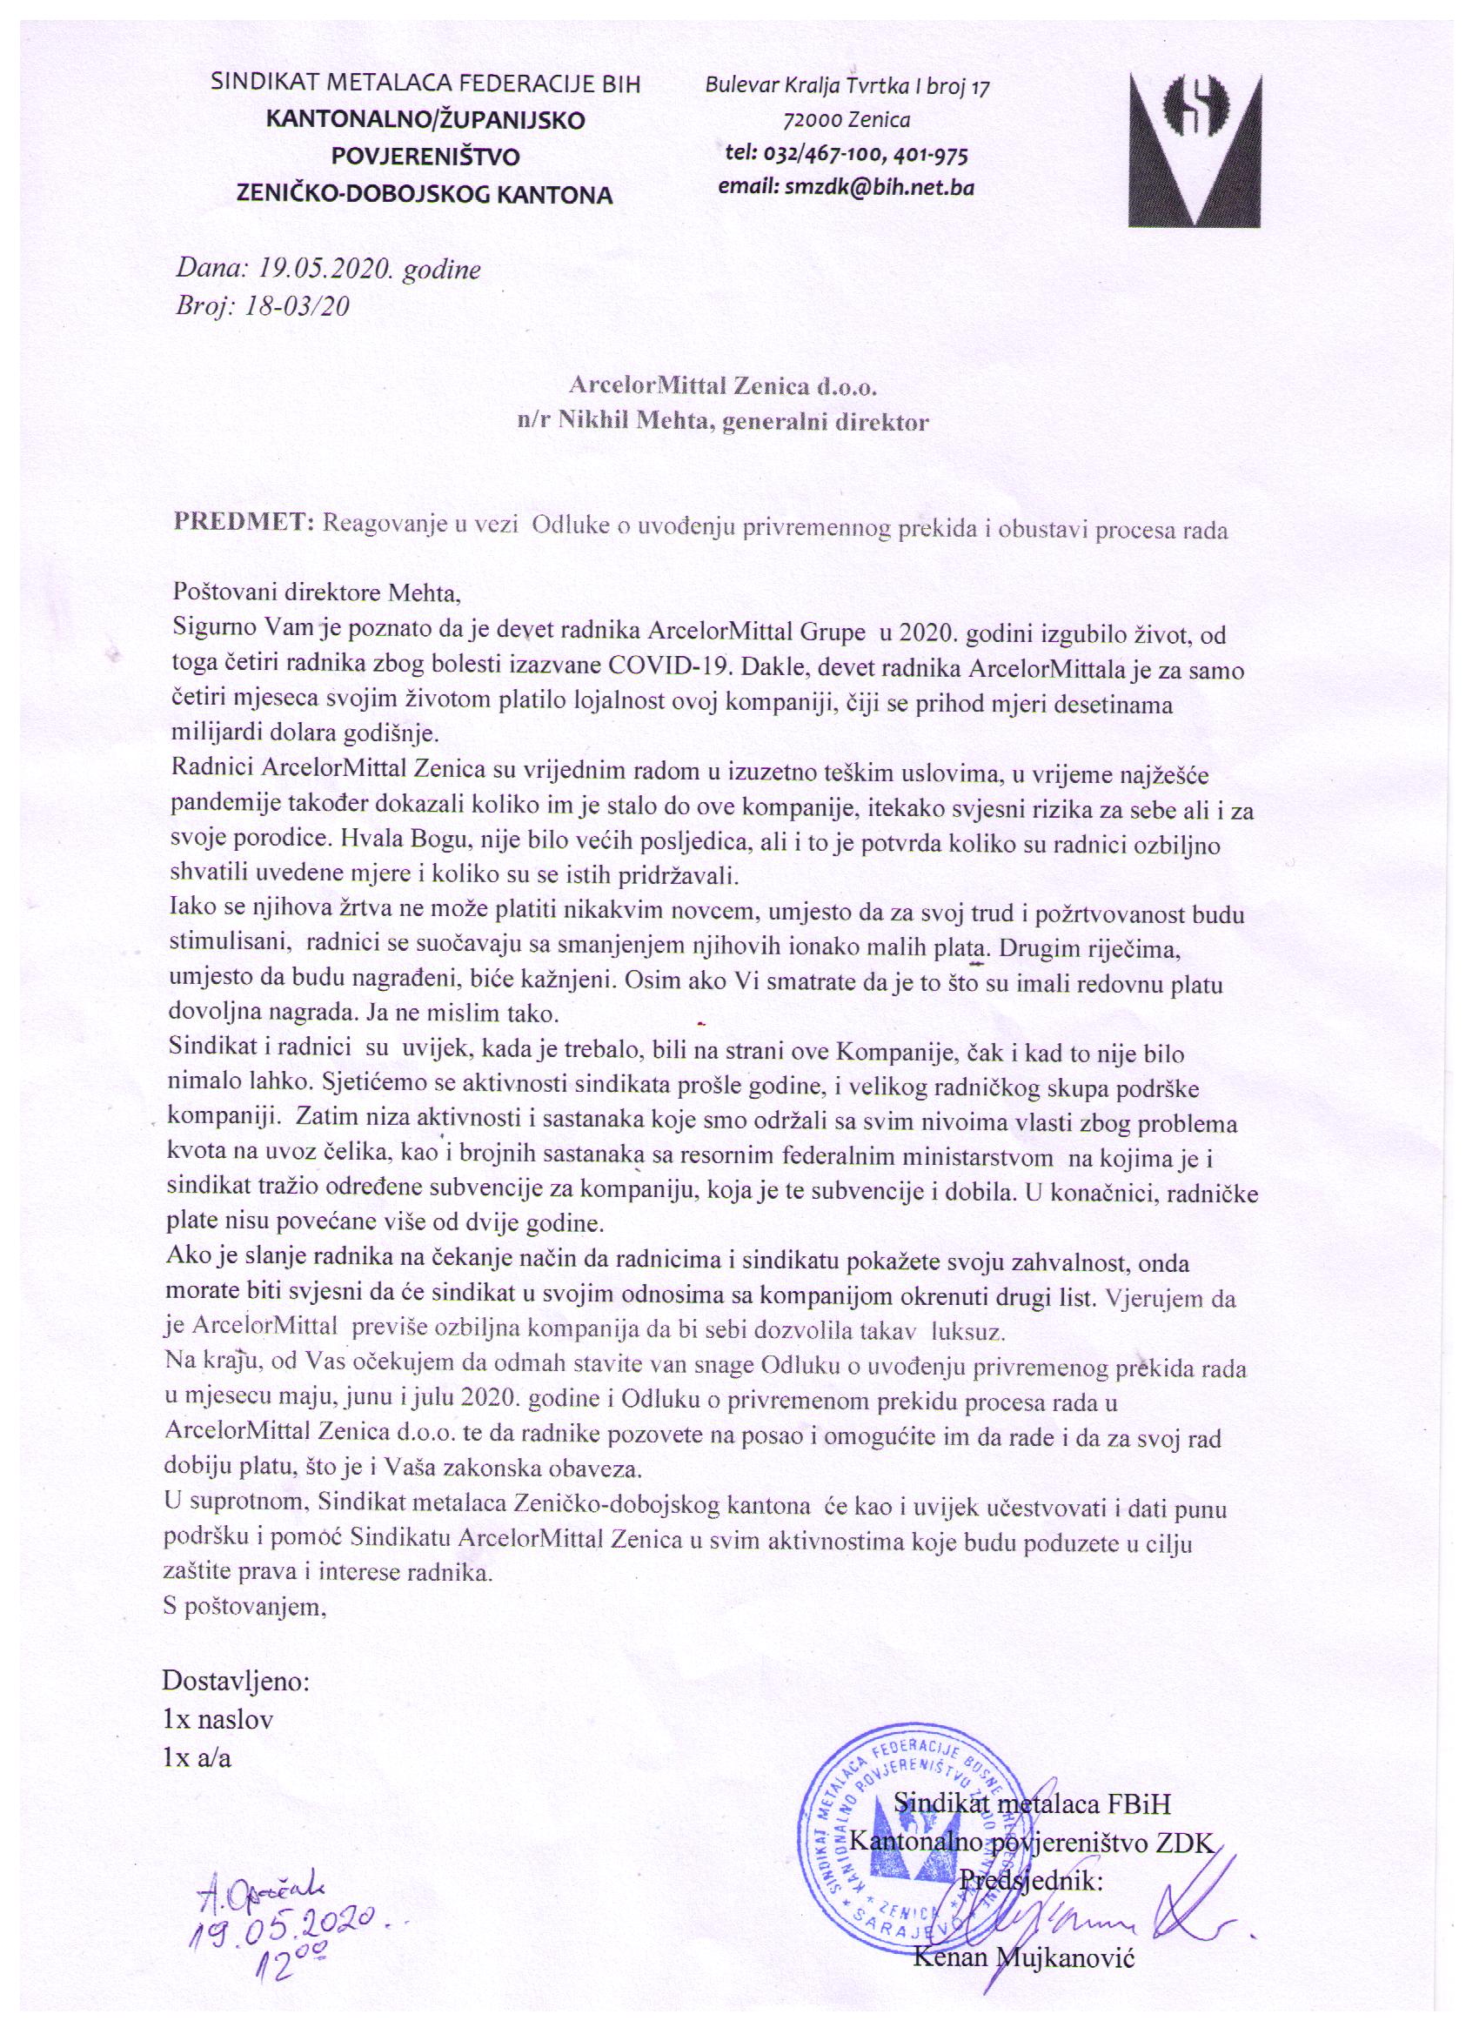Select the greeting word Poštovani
pyautogui.click(x=225, y=592)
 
